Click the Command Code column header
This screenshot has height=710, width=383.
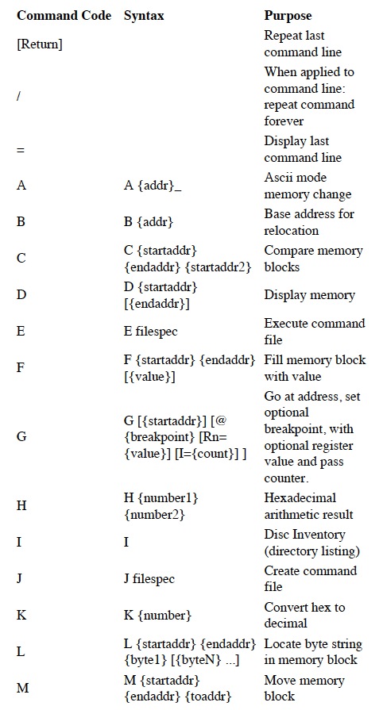[64, 15]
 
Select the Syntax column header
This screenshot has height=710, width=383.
[144, 16]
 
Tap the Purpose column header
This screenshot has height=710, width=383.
[288, 16]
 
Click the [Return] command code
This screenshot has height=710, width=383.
[40, 44]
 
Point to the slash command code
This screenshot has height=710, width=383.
[18, 96]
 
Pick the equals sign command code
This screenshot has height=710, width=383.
[21, 149]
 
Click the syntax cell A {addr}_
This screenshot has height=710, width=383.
[153, 186]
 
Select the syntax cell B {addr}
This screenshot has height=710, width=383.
[149, 222]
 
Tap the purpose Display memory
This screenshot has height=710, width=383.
[309, 295]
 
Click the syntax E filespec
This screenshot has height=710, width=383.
[151, 332]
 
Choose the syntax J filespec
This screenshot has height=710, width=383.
[149, 578]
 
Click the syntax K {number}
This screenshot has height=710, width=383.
[157, 616]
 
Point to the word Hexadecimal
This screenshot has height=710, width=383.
[300, 497]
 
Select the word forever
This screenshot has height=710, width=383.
[284, 121]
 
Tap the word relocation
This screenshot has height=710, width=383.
[292, 231]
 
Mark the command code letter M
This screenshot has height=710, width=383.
[23, 689]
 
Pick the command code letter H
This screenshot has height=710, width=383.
[21, 505]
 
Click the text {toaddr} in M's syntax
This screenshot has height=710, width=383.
[210, 696]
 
